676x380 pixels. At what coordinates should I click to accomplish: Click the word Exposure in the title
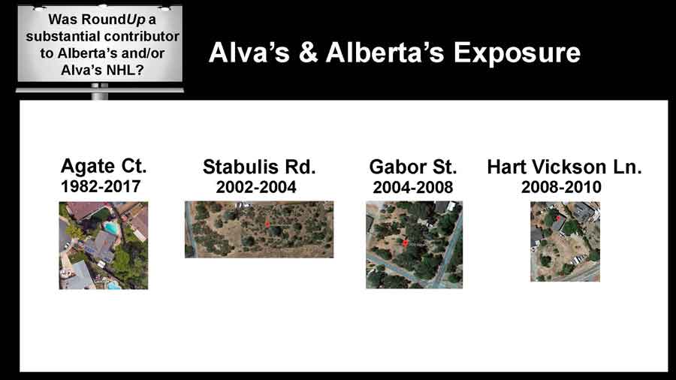click(517, 53)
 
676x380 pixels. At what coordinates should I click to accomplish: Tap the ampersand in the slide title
click(308, 53)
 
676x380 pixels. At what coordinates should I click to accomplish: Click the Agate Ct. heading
click(104, 166)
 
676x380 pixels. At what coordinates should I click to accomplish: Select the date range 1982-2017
click(101, 186)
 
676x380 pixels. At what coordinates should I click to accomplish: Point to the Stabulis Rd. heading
click(259, 167)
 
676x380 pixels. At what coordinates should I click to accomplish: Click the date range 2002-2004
click(256, 187)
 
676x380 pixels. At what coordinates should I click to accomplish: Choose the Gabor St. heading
click(412, 167)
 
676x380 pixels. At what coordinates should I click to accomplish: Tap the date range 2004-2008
click(412, 188)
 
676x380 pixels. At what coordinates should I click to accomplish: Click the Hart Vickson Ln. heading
click(564, 167)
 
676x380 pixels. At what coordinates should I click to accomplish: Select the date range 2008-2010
click(561, 187)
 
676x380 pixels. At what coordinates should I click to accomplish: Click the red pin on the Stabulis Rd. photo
click(267, 224)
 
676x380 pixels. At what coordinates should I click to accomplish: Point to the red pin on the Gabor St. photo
click(406, 243)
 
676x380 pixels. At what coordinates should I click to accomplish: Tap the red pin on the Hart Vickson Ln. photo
click(558, 219)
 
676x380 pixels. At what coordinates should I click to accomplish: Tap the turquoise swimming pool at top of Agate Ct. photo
click(111, 228)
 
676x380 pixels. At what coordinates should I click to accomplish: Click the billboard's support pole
click(100, 92)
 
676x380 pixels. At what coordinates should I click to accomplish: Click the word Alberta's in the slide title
click(385, 53)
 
